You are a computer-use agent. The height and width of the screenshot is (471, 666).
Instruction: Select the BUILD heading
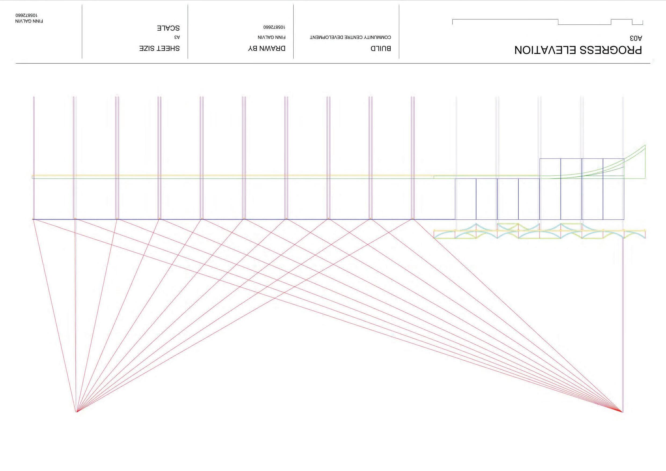tap(381, 48)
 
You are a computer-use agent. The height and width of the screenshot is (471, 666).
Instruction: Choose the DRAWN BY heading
tap(267, 48)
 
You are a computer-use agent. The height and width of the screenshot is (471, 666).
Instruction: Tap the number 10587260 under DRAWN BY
tap(274, 27)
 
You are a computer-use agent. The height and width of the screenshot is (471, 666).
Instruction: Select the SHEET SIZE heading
tap(159, 48)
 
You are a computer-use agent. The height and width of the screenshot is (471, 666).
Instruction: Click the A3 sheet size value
tap(177, 37)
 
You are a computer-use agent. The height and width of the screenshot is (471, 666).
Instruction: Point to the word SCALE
tap(168, 28)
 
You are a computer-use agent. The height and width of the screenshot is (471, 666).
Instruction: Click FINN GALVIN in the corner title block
tap(29, 21)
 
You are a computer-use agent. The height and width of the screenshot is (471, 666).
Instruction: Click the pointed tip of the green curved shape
tap(645, 145)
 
